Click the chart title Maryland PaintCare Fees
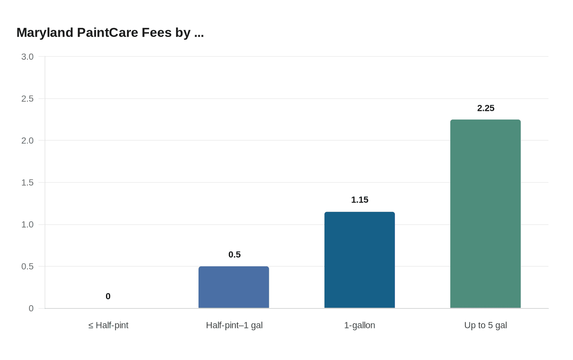(x=110, y=33)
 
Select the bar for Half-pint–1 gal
(x=234, y=287)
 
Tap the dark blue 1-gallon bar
(x=359, y=260)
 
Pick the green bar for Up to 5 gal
(x=485, y=214)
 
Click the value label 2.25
(x=486, y=108)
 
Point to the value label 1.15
(x=360, y=200)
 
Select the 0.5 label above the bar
(x=235, y=255)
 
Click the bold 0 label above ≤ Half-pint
(x=108, y=297)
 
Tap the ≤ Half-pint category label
(x=108, y=326)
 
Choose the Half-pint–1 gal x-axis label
(x=234, y=326)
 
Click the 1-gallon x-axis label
(x=359, y=326)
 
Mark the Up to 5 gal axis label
(x=485, y=326)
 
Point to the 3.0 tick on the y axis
(x=27, y=57)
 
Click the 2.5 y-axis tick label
(x=27, y=99)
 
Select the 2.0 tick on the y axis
(x=27, y=141)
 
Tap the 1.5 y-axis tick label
(x=27, y=183)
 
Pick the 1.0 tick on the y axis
(x=27, y=225)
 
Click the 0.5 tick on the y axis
(x=27, y=267)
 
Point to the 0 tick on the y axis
(x=31, y=309)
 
